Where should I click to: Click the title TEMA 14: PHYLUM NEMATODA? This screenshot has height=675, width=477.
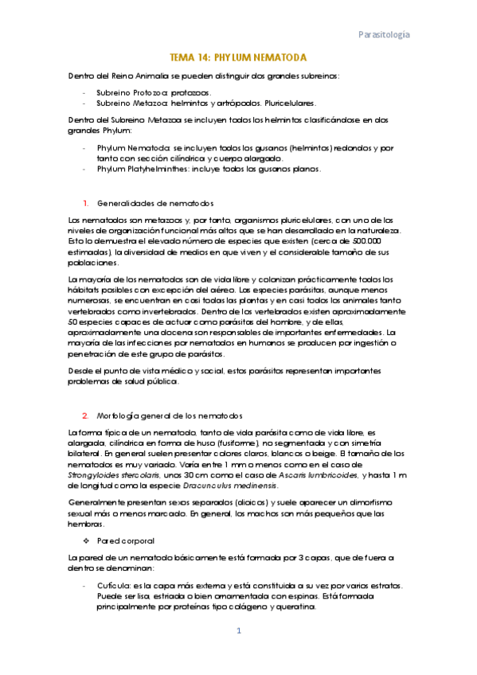(x=239, y=59)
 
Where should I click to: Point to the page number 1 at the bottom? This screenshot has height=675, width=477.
(x=238, y=631)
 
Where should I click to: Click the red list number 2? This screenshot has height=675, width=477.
(x=84, y=416)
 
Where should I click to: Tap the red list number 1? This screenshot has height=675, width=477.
(x=84, y=203)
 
